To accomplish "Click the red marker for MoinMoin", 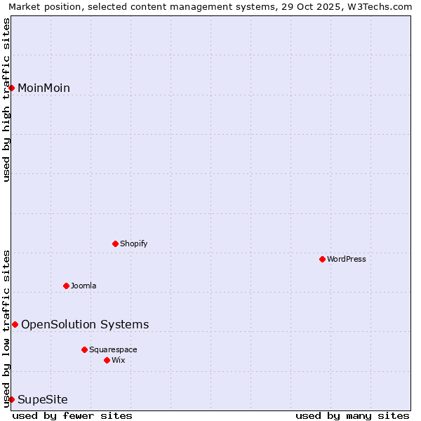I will coord(12,88).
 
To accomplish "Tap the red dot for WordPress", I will coord(322,259).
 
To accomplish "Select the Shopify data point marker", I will coord(115,243).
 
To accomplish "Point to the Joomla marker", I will coord(66,286).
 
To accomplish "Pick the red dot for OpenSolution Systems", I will coord(15,324).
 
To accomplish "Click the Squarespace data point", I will coord(84,349).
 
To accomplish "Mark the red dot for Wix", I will coord(107,360).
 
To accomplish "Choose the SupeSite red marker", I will coord(12,399).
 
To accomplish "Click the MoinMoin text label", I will coord(44,88).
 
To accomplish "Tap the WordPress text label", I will coord(347,259).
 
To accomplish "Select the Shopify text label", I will coord(133,243).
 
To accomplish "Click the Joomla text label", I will coord(83,286).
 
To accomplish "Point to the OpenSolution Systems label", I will coord(85,324).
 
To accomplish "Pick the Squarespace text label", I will coord(113,349).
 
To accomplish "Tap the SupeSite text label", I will coord(43,399).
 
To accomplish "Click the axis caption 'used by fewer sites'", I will coord(72,415).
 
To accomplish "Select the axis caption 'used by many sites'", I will coord(352,415).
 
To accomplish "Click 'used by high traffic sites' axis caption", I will coord(7,100).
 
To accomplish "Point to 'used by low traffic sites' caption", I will coord(7,328).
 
